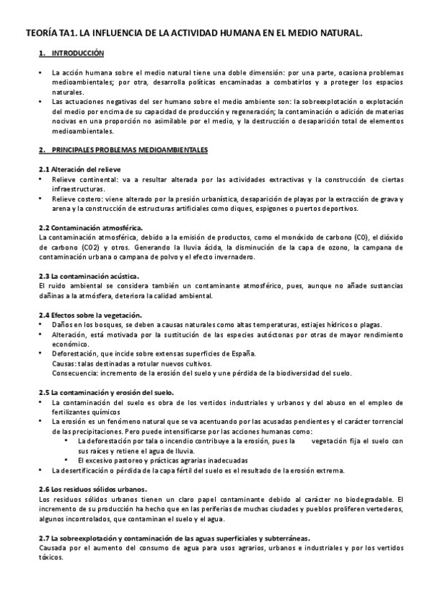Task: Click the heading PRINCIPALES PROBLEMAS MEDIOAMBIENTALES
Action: [x=130, y=150]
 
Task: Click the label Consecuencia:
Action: [x=75, y=373]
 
